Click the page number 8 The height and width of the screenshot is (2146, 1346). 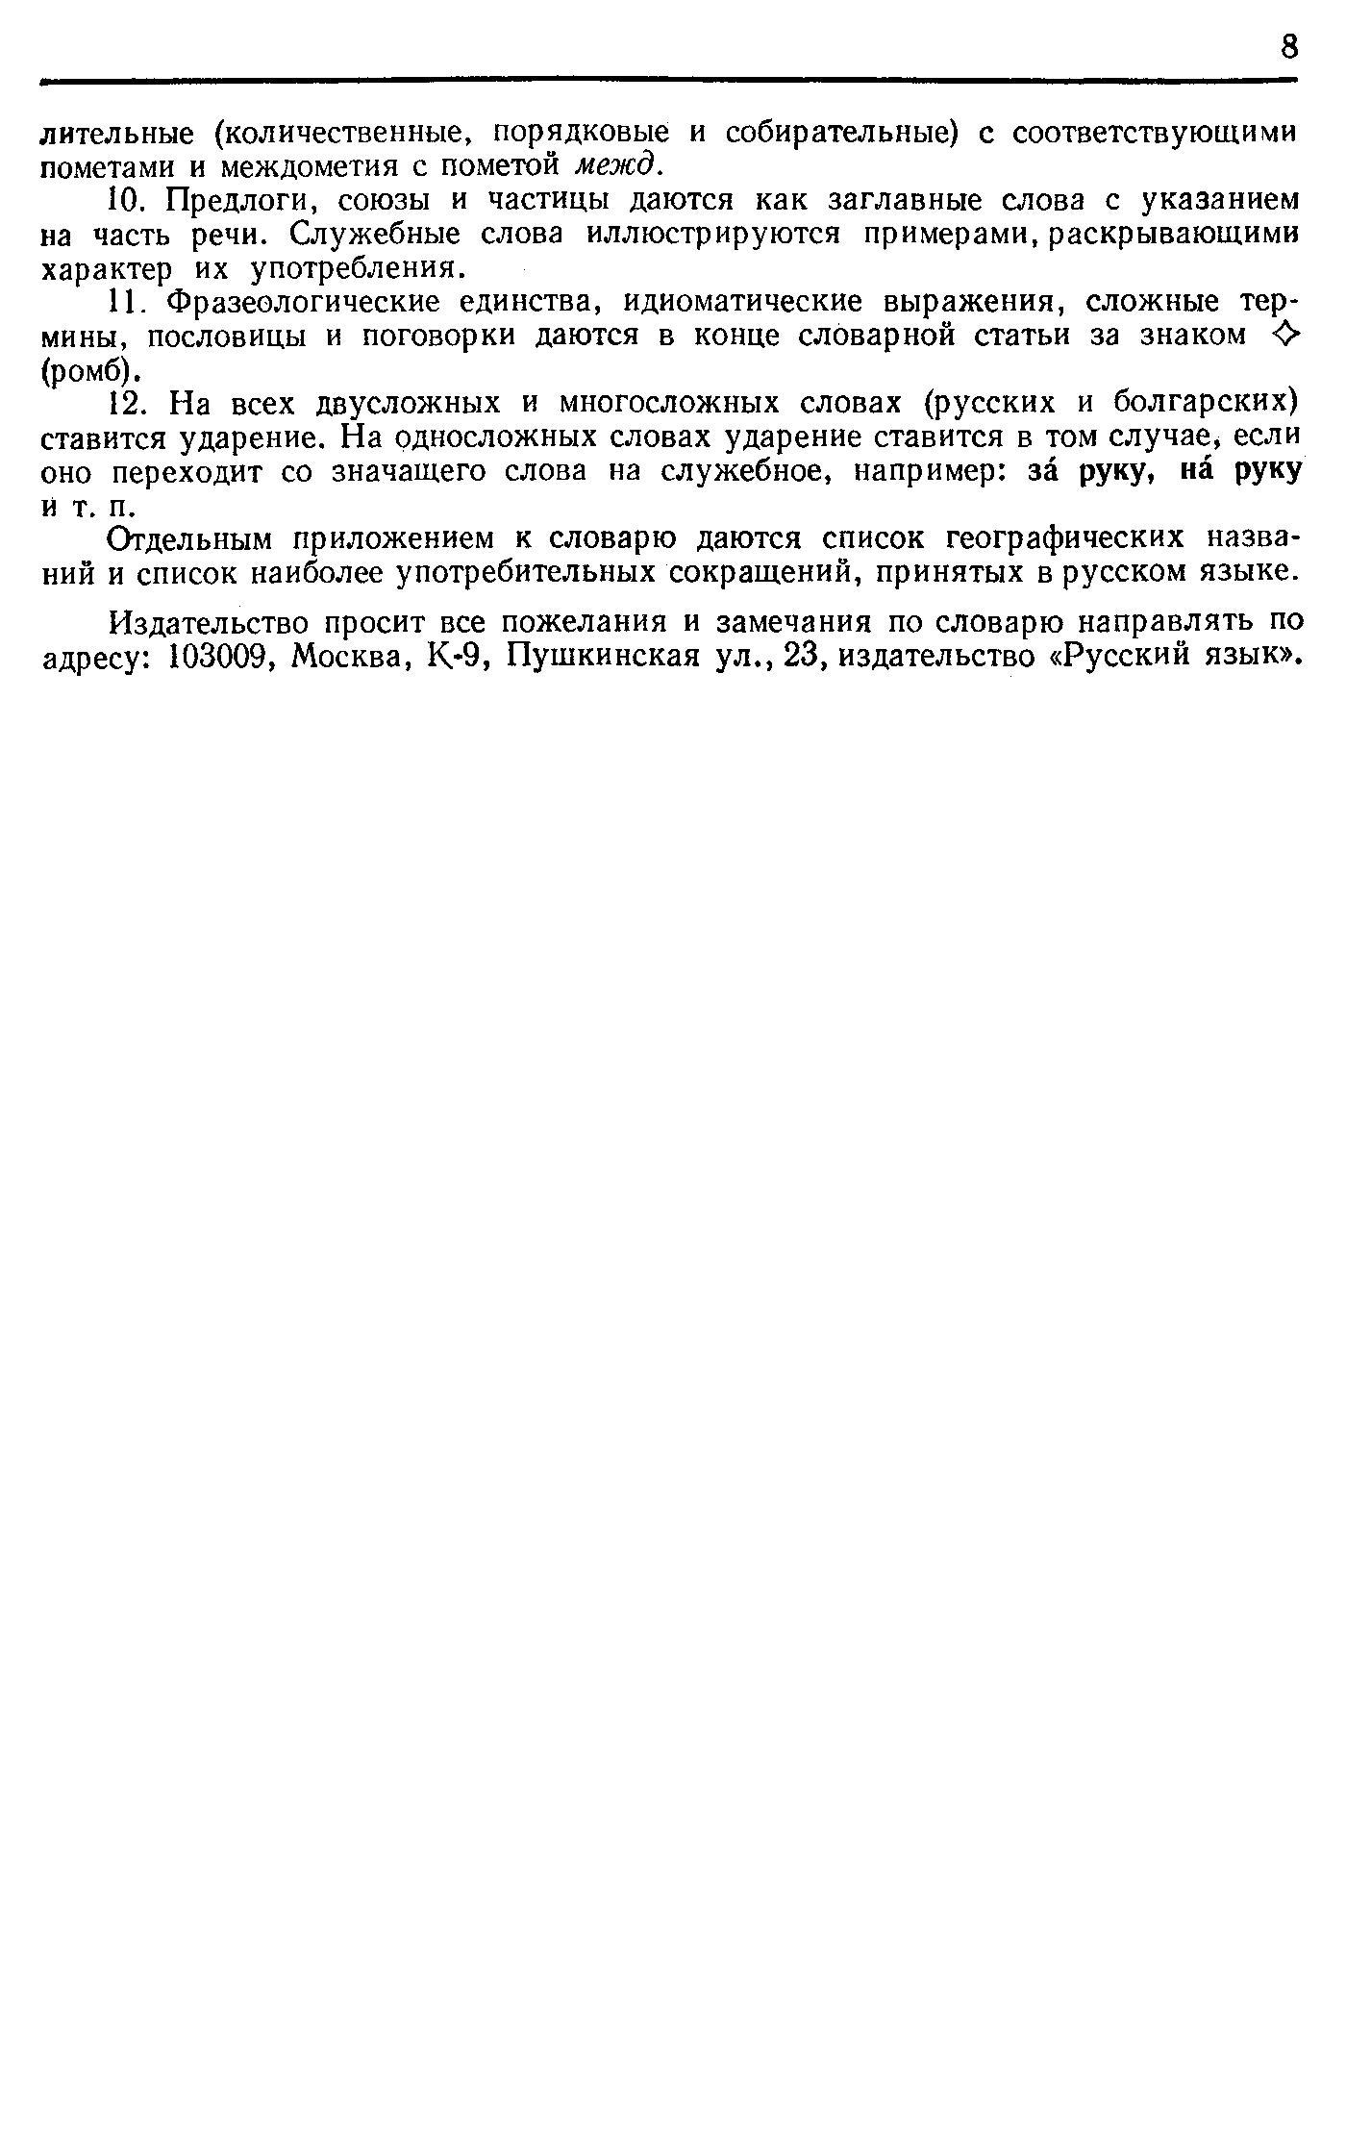(1288, 45)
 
